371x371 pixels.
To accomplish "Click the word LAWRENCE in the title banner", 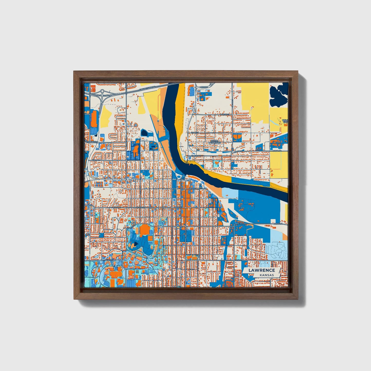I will coord(262,270).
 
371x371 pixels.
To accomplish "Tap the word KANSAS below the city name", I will coord(267,275).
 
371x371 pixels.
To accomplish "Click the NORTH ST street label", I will coord(224,114).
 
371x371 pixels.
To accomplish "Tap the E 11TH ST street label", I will coord(242,224).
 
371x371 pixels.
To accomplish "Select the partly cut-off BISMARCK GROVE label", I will coord(285,121).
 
